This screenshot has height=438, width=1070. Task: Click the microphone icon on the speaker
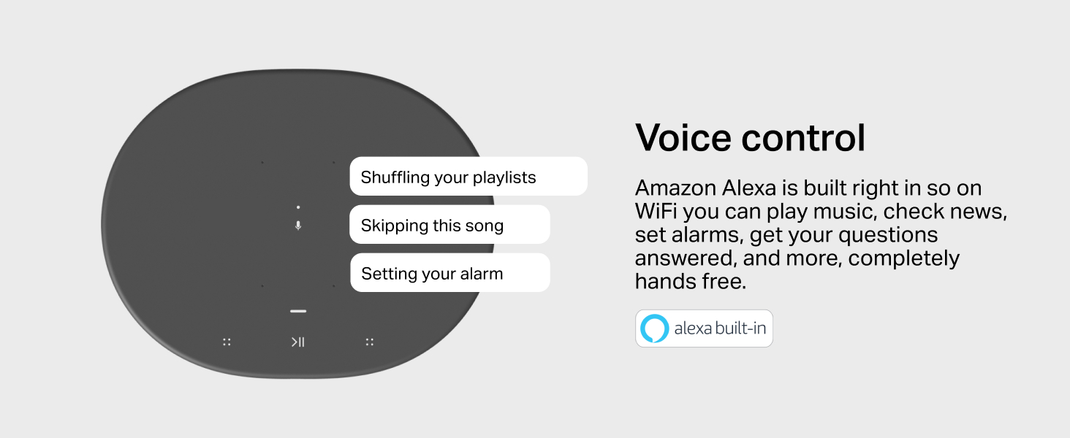pyautogui.click(x=298, y=226)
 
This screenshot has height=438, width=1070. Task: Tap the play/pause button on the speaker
pyautogui.click(x=298, y=342)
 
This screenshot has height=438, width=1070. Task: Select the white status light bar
pyautogui.click(x=298, y=311)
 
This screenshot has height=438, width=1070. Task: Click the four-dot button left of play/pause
pyautogui.click(x=227, y=342)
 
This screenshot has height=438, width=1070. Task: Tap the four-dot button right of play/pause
pyautogui.click(x=369, y=342)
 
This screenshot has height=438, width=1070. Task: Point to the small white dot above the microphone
pyautogui.click(x=298, y=207)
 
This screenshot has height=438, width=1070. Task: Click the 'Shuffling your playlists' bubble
pyautogui.click(x=468, y=176)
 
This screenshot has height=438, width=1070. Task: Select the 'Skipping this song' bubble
pyautogui.click(x=450, y=224)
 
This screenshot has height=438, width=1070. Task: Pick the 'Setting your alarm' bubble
pyautogui.click(x=450, y=272)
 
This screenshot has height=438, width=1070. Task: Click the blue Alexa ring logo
pyautogui.click(x=654, y=328)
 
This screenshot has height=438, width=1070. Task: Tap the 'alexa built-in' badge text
pyautogui.click(x=720, y=328)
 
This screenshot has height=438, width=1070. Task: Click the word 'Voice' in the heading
pyautogui.click(x=683, y=138)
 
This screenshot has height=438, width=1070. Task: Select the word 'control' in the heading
pyautogui.click(x=803, y=138)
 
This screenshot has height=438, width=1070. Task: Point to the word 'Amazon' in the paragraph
pyautogui.click(x=675, y=188)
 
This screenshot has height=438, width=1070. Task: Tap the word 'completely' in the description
pyautogui.click(x=904, y=259)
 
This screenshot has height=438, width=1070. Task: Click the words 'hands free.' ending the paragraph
pyautogui.click(x=691, y=282)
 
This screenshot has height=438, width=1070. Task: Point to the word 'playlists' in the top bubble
pyautogui.click(x=504, y=177)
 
